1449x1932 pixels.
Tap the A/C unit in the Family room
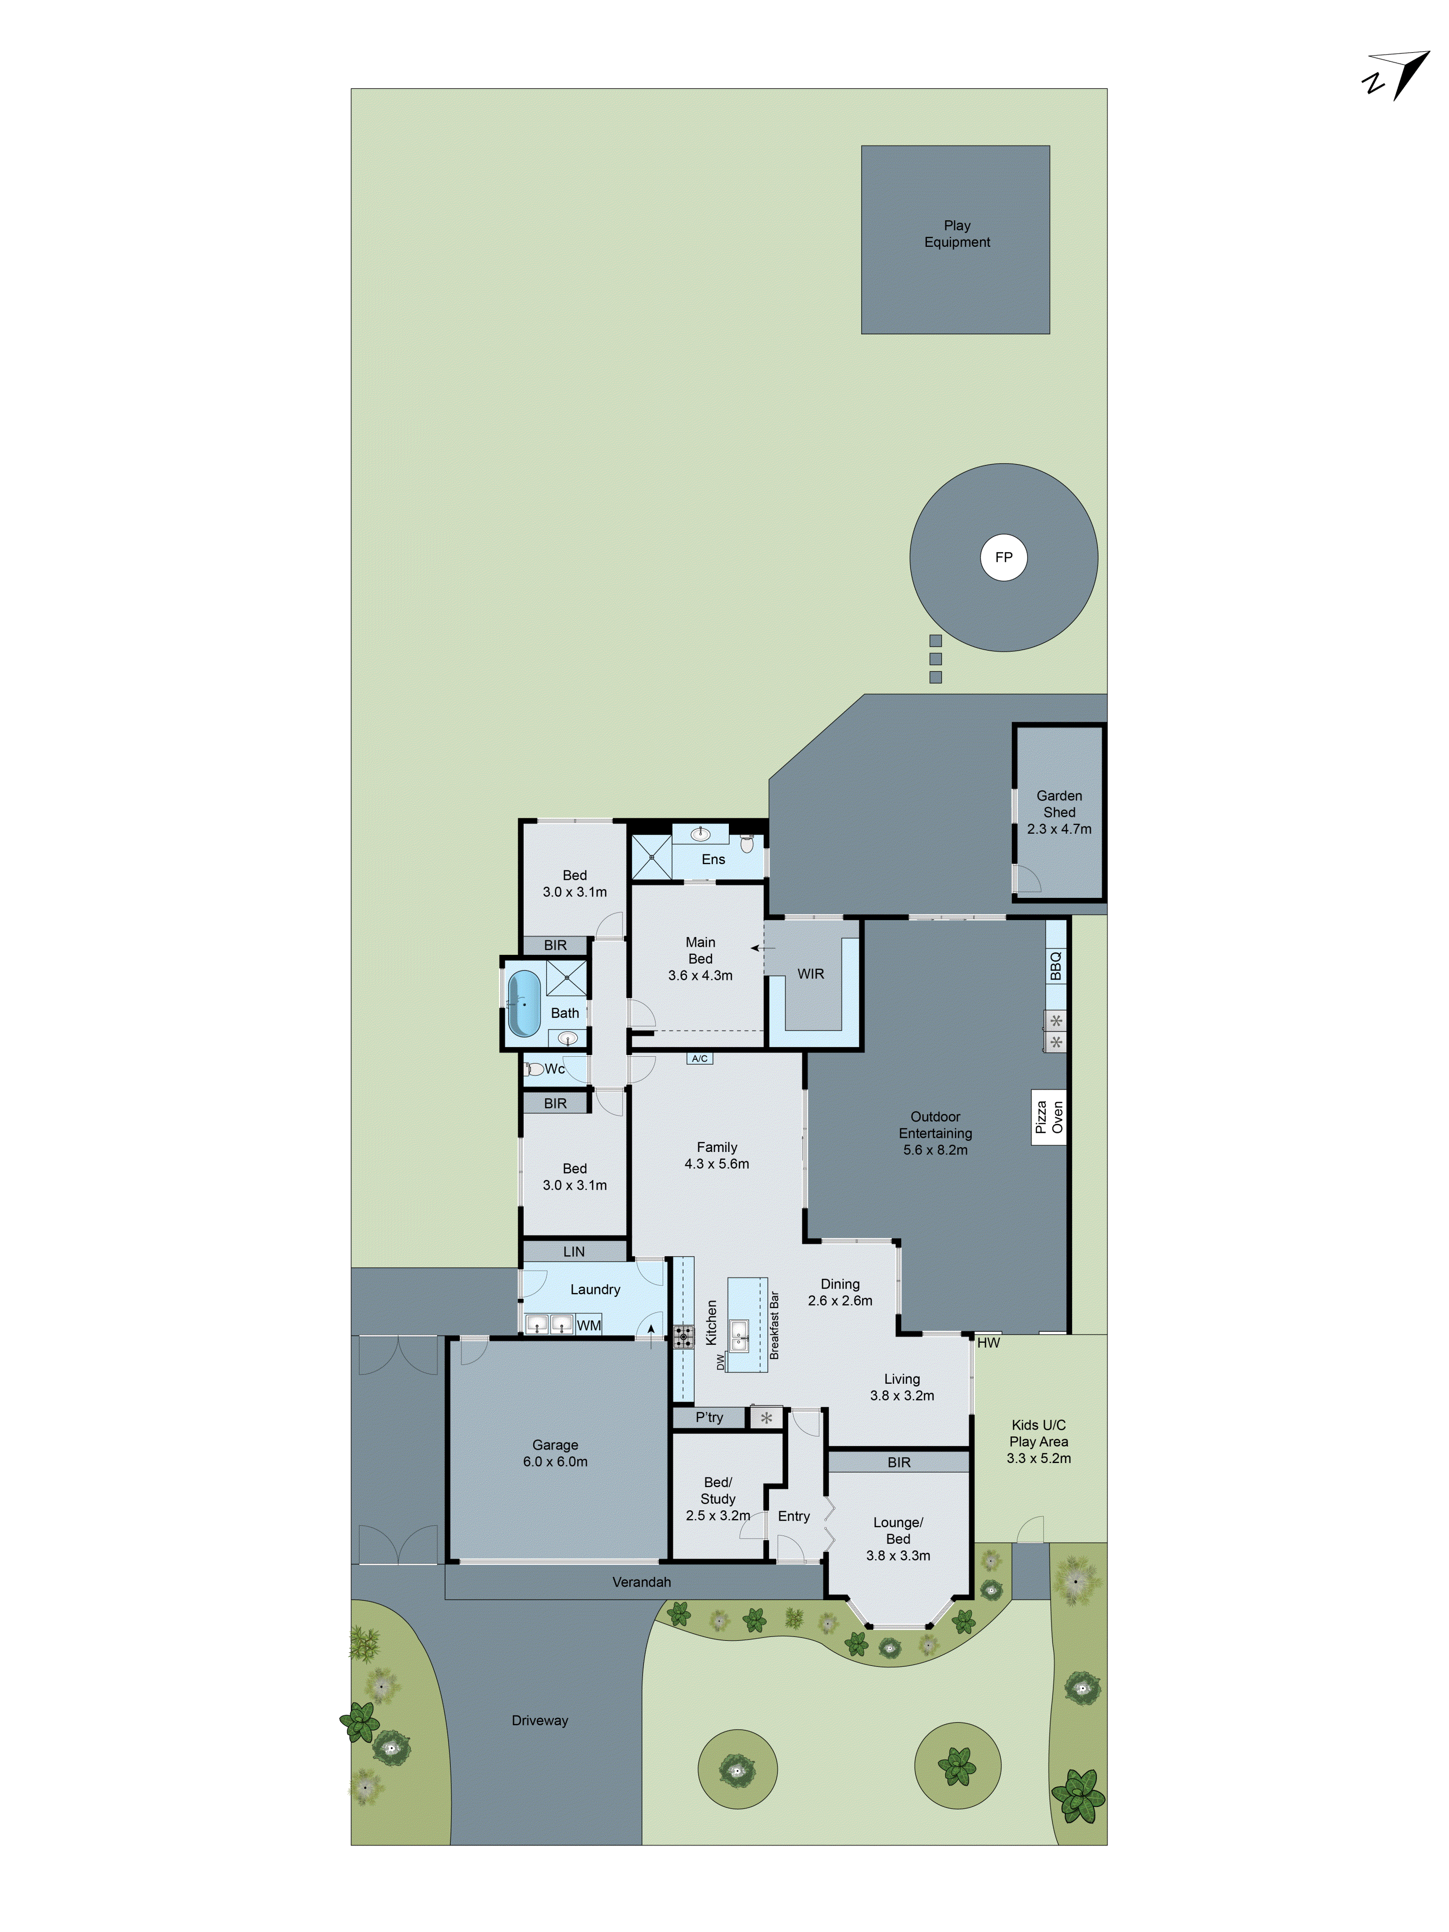coord(699,1059)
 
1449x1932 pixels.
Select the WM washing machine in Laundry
coord(589,1325)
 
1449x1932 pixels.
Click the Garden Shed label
coord(1059,804)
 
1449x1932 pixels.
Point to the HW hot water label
coord(988,1342)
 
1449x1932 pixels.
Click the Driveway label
coord(540,1720)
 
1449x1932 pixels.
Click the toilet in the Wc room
coord(534,1068)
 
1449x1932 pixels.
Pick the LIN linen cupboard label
coord(574,1251)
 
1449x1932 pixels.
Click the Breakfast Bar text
coord(774,1326)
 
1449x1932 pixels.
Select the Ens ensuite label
coord(713,859)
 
